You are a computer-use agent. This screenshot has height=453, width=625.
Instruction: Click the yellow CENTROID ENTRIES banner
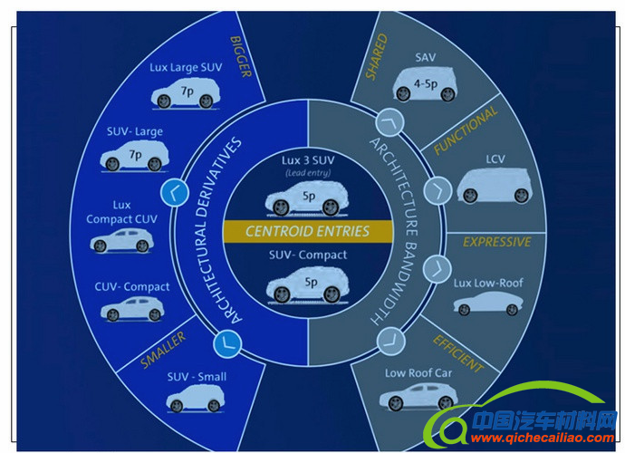308,231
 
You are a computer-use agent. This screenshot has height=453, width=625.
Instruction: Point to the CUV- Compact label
132,287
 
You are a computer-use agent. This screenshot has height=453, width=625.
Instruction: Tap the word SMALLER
164,349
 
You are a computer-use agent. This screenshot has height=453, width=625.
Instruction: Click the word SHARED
375,56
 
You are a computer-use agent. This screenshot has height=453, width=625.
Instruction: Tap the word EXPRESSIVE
496,242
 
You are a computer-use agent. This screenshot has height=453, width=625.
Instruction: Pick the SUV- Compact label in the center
309,255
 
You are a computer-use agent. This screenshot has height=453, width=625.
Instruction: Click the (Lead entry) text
309,173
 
